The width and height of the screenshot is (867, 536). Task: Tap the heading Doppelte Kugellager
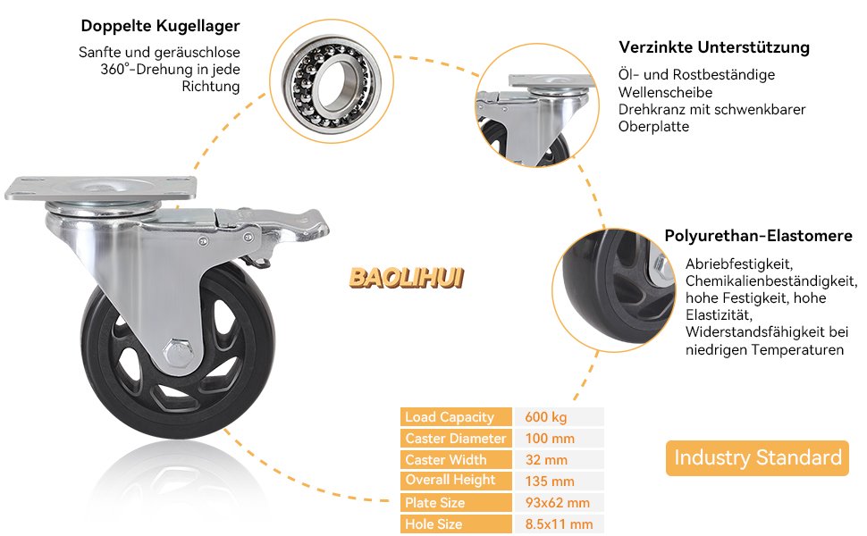tap(160, 26)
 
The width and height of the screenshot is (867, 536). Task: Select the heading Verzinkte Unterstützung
tap(713, 47)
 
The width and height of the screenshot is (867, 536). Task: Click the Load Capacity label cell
tap(457, 417)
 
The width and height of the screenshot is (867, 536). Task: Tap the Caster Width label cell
tap(457, 460)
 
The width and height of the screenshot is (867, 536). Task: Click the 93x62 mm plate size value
tap(558, 503)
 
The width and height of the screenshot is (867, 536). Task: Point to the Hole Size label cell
tap(457, 524)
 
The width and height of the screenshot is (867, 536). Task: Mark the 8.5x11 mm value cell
tap(560, 524)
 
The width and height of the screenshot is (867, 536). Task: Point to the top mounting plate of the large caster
tap(100, 187)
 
